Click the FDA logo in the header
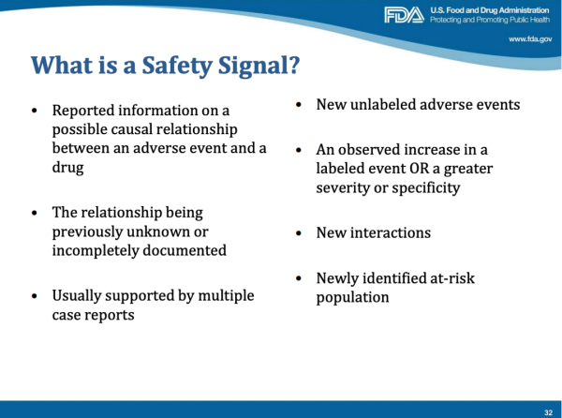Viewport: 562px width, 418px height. click(404, 15)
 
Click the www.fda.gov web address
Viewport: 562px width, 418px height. click(529, 39)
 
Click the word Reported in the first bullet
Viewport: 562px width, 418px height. click(84, 111)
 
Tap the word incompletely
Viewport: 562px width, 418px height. click(96, 250)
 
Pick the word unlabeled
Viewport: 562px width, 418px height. click(386, 104)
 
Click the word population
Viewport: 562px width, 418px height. click(352, 297)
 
